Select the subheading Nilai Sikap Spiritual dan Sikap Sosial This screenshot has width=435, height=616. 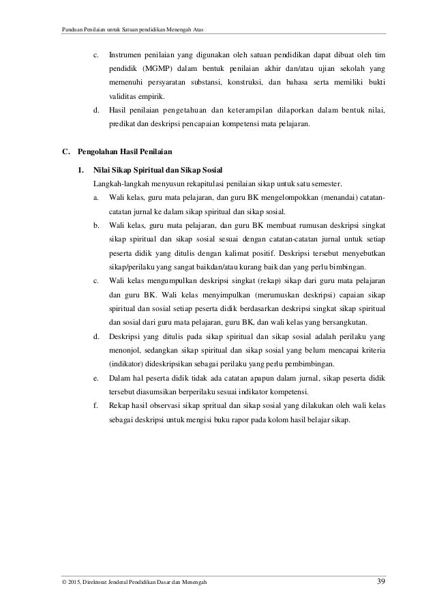[x=161, y=169]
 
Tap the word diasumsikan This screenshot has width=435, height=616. [x=156, y=392]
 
